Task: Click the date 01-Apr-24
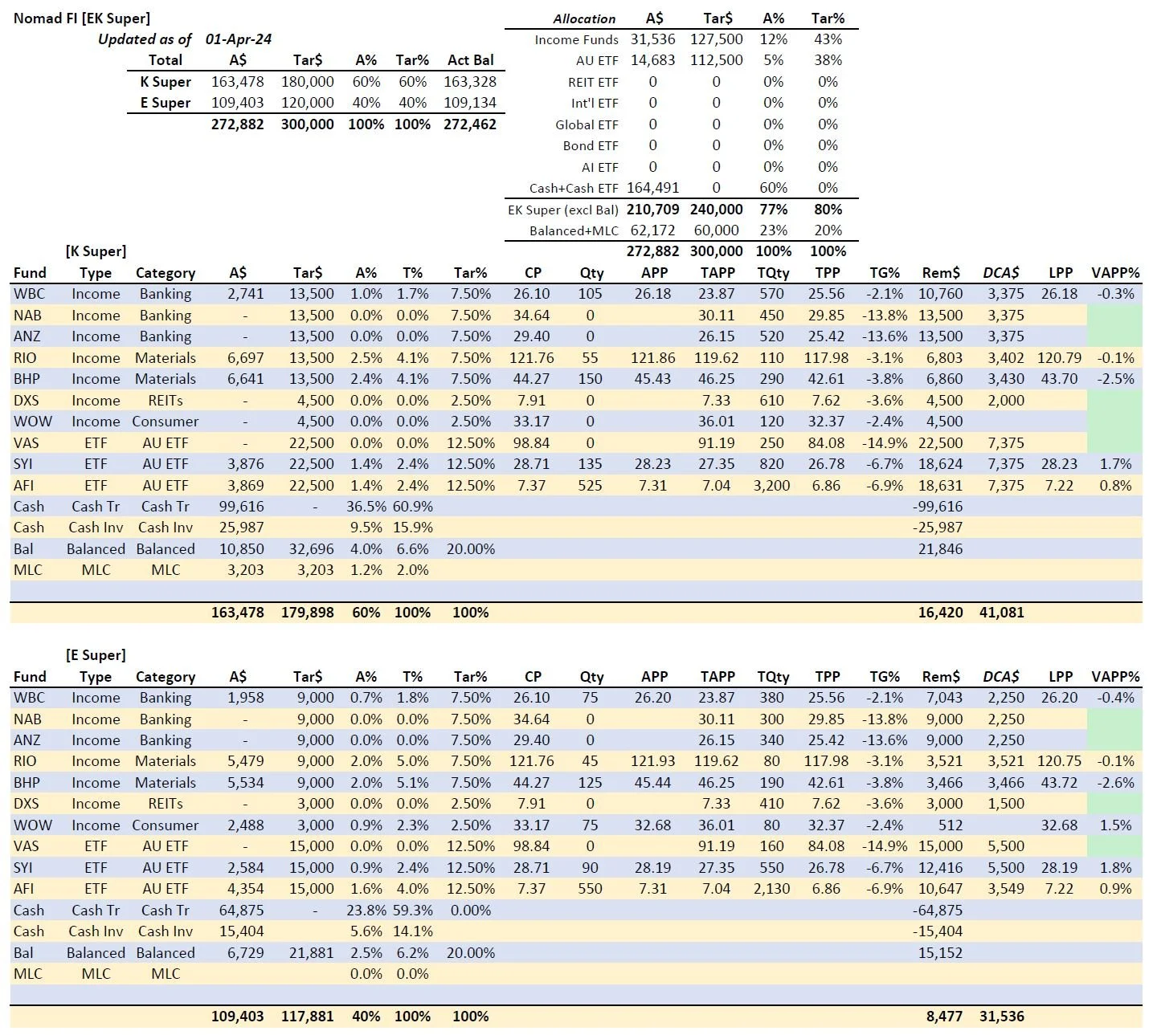pyautogui.click(x=238, y=39)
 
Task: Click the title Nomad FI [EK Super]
pyautogui.click(x=81, y=18)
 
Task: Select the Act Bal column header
pyautogui.click(x=470, y=60)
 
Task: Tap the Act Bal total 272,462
pyautogui.click(x=470, y=124)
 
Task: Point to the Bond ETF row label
pyautogui.click(x=590, y=145)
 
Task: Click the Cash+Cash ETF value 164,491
pyautogui.click(x=652, y=188)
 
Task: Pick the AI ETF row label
pyautogui.click(x=599, y=167)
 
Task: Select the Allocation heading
pyautogui.click(x=584, y=18)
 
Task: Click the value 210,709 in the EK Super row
pyautogui.click(x=652, y=210)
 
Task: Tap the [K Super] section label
pyautogui.click(x=96, y=251)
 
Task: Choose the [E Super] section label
pyautogui.click(x=96, y=655)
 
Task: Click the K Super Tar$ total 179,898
pyautogui.click(x=307, y=613)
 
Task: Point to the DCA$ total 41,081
pyautogui.click(x=1001, y=613)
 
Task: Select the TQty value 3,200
pyautogui.click(x=771, y=486)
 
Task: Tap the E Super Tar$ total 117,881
pyautogui.click(x=307, y=1017)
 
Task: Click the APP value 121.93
pyautogui.click(x=652, y=761)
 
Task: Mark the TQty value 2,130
pyautogui.click(x=771, y=889)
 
